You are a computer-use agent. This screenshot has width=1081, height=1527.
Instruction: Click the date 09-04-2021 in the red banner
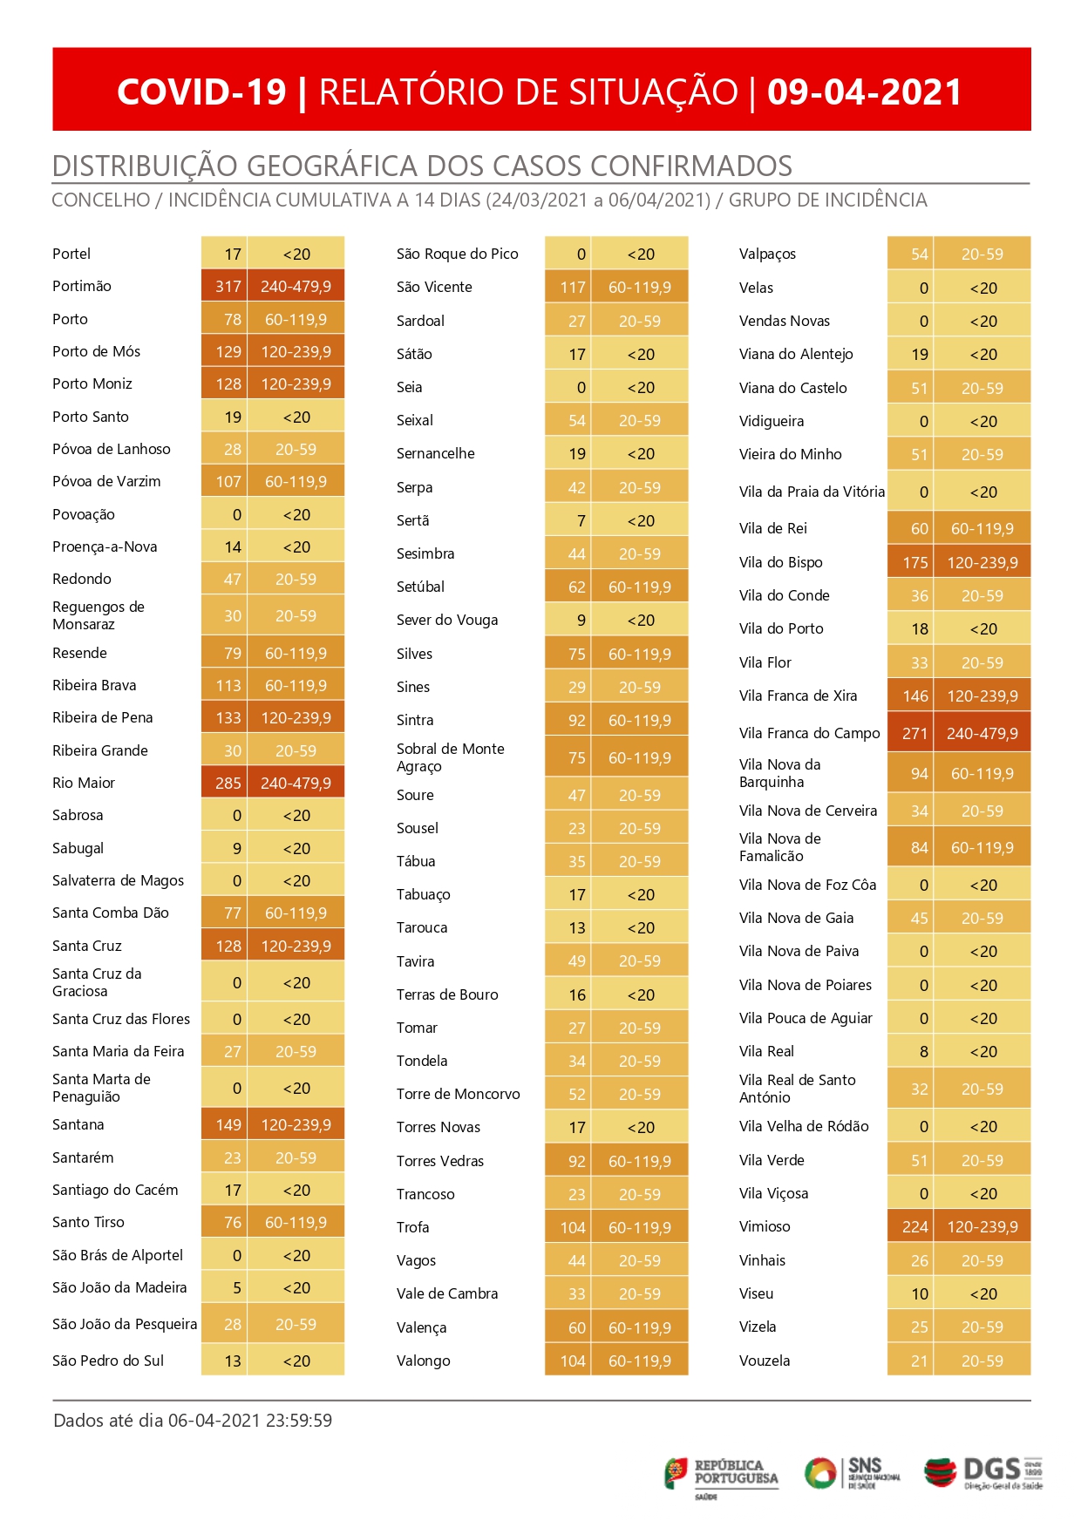(x=864, y=92)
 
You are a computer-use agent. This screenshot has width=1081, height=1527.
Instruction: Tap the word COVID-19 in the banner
(x=201, y=92)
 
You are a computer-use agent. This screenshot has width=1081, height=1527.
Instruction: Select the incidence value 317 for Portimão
(x=228, y=286)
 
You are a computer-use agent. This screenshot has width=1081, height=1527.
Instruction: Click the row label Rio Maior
(x=84, y=783)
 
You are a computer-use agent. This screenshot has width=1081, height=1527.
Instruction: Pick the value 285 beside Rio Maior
(x=228, y=783)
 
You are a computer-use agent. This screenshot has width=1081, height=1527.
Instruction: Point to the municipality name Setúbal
(x=420, y=587)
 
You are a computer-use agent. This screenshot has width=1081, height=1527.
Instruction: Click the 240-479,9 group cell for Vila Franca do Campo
(x=982, y=733)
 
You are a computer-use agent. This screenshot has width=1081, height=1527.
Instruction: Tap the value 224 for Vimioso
(x=915, y=1226)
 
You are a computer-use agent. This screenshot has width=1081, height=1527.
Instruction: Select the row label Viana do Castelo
(x=793, y=388)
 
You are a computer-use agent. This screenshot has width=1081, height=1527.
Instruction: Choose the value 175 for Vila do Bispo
(x=915, y=562)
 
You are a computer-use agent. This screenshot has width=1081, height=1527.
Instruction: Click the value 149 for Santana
(x=228, y=1124)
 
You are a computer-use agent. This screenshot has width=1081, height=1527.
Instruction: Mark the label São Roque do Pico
(x=458, y=254)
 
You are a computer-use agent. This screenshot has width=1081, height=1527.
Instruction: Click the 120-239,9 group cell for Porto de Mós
(x=296, y=351)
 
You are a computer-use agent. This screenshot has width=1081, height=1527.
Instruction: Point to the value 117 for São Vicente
(x=573, y=287)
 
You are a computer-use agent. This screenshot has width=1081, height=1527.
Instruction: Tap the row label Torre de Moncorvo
(x=459, y=1094)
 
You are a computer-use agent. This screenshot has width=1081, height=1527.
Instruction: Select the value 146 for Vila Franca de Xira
(x=915, y=696)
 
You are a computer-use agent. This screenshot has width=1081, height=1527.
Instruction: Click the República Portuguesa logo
(x=722, y=1477)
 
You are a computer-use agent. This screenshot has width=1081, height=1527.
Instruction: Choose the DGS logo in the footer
(x=983, y=1473)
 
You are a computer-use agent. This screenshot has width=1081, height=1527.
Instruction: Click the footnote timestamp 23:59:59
(x=299, y=1420)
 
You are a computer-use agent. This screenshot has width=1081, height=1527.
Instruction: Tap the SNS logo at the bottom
(x=852, y=1473)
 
